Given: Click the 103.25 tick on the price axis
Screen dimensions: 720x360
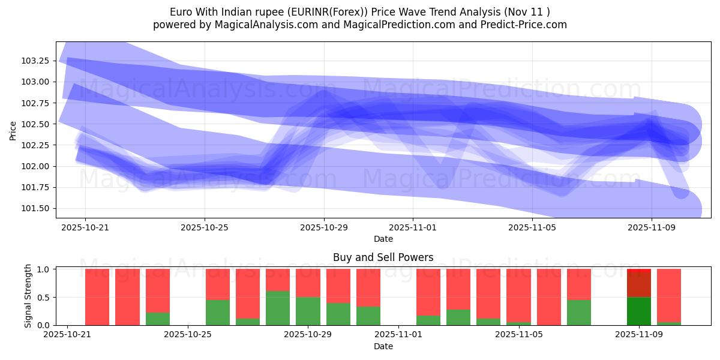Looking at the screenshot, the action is pos(38,61).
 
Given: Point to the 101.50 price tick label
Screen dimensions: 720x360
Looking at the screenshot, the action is pos(38,209).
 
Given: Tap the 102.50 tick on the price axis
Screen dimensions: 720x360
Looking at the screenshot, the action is pos(38,124).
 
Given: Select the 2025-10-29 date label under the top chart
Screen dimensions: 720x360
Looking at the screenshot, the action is pos(324,227).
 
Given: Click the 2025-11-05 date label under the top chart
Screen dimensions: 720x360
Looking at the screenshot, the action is pos(532,227).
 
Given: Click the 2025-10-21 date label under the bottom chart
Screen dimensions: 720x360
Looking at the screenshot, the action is pos(68,335).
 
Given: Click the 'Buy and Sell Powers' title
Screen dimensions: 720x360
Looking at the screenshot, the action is pos(383,257).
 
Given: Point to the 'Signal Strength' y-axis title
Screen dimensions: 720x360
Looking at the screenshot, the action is pos(28,296).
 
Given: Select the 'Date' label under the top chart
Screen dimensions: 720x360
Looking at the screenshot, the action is pos(383,239).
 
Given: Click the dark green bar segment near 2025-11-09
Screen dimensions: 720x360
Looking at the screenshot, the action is pos(639,311).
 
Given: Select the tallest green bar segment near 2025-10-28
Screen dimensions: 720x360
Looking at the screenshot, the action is pos(278,308).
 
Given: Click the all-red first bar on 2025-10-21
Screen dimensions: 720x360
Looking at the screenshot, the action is pos(97,297).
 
